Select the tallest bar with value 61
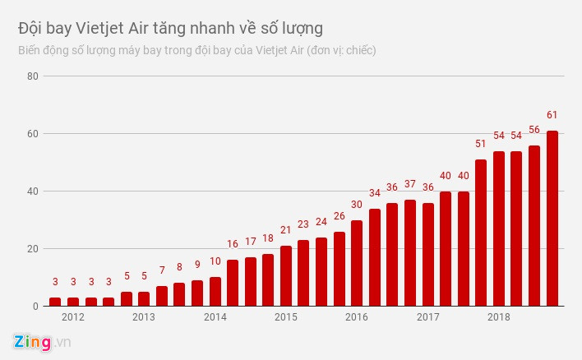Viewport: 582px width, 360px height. point(552,219)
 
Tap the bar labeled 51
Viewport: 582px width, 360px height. point(481,233)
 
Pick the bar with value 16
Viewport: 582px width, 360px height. point(233,283)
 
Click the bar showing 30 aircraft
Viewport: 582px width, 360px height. point(357,263)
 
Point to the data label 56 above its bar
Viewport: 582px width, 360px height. point(534,130)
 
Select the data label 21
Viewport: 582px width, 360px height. point(286,230)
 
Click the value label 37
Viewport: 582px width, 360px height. point(410,184)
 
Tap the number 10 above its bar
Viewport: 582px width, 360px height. point(215,261)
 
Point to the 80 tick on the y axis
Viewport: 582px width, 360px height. point(32,76)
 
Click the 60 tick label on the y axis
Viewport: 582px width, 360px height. point(32,134)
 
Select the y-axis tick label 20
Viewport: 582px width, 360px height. point(32,249)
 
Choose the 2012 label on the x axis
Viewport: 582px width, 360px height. point(72,317)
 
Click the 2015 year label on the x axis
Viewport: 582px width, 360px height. point(285,317)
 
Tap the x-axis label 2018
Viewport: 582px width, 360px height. point(498,317)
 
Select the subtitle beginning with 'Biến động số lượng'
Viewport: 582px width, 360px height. point(196,51)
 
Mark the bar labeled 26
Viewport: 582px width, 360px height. point(339,269)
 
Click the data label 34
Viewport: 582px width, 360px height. point(375,193)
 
